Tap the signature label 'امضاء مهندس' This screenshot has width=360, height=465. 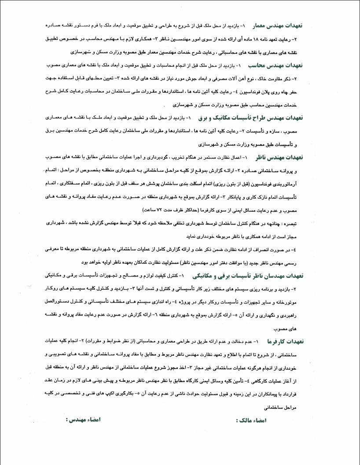coord(83,420)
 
